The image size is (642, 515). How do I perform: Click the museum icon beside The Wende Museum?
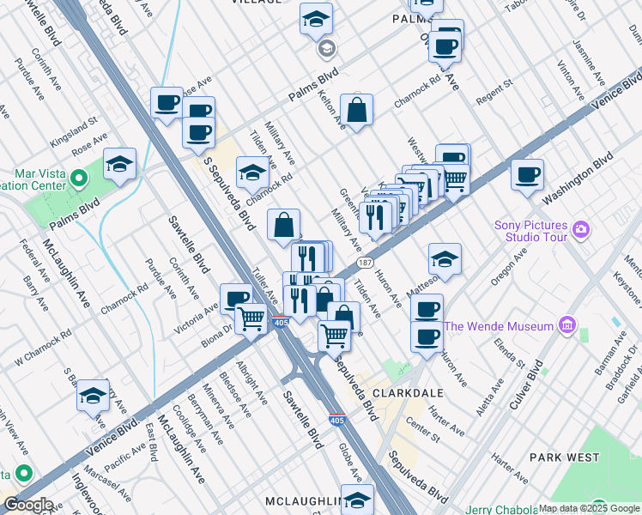(566, 325)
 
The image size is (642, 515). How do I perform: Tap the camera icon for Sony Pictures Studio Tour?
(582, 229)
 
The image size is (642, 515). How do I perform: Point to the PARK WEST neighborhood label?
(563, 457)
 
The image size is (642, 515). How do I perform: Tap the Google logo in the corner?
(27, 505)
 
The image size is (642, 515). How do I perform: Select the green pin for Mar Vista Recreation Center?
(80, 179)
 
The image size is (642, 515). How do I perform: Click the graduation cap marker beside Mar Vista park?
(120, 164)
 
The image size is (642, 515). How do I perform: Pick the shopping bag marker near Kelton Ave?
(356, 111)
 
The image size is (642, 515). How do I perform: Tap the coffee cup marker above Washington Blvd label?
(528, 175)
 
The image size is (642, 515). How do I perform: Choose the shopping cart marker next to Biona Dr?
(251, 318)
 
